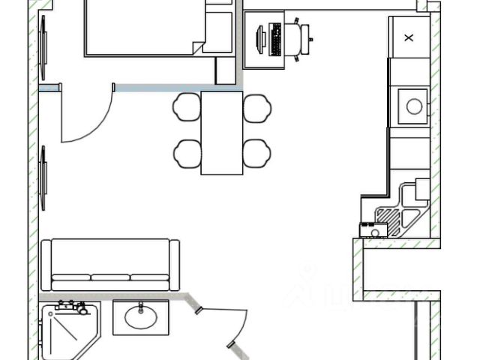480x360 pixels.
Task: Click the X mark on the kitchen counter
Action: click(x=409, y=37)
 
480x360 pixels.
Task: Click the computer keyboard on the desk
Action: click(x=276, y=39)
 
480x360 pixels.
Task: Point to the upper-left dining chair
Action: click(x=186, y=107)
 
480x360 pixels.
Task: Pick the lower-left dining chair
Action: click(x=186, y=154)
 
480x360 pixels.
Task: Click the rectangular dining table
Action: click(x=222, y=133)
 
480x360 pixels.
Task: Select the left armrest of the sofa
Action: click(x=46, y=265)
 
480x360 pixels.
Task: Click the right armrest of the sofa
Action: click(x=175, y=265)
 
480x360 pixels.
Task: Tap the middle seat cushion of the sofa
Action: click(x=110, y=278)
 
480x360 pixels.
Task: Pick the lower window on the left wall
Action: click(x=43, y=178)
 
